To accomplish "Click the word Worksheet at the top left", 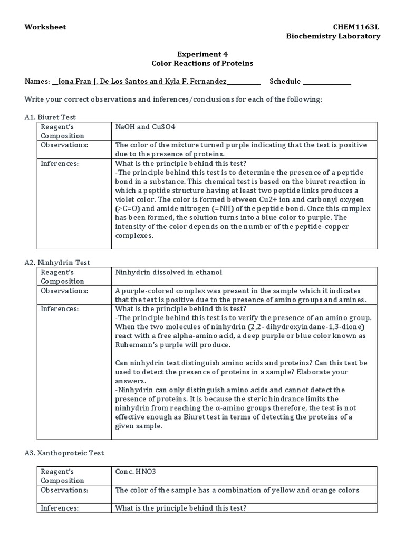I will click(x=45, y=27).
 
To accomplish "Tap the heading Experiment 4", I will click(x=202, y=54).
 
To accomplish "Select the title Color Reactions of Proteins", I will click(x=202, y=63).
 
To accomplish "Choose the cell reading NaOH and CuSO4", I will click(x=145, y=127).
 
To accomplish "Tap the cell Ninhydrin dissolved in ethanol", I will click(x=169, y=272).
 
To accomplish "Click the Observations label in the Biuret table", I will click(x=65, y=145).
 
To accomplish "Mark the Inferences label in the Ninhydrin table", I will click(x=60, y=308).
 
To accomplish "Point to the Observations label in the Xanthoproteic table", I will click(x=65, y=490).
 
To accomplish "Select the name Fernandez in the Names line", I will click(x=209, y=82).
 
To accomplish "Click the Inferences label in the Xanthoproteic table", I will click(x=60, y=508).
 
